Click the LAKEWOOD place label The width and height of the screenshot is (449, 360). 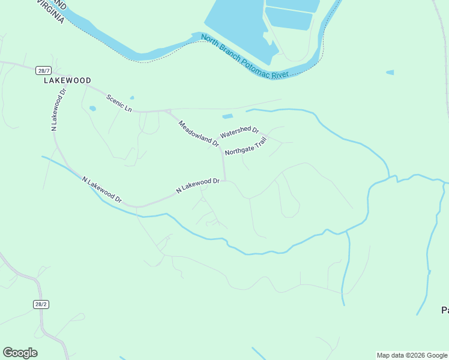[x=67, y=80]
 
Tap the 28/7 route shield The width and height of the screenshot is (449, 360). [x=42, y=70]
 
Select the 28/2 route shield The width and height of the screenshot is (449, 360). [x=40, y=304]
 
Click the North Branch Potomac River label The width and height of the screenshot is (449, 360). [x=245, y=57]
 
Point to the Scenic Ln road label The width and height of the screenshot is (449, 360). [x=119, y=103]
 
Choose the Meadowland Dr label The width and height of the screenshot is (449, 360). [x=199, y=133]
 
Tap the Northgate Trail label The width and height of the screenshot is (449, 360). [x=246, y=146]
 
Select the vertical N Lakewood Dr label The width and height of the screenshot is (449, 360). [x=58, y=109]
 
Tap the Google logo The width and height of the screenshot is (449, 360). [x=20, y=353]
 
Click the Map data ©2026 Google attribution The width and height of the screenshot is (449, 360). [x=412, y=355]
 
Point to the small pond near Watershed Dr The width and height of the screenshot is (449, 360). [x=228, y=116]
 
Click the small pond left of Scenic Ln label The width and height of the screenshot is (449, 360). [x=92, y=109]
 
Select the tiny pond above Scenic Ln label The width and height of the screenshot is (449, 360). [x=132, y=98]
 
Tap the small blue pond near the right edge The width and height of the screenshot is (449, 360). [x=390, y=73]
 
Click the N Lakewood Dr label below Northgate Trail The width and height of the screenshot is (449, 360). [x=197, y=185]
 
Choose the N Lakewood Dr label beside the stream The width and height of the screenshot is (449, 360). [x=101, y=190]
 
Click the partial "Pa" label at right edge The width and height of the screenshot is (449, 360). [x=445, y=310]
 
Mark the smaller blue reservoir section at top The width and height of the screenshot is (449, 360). [x=289, y=18]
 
